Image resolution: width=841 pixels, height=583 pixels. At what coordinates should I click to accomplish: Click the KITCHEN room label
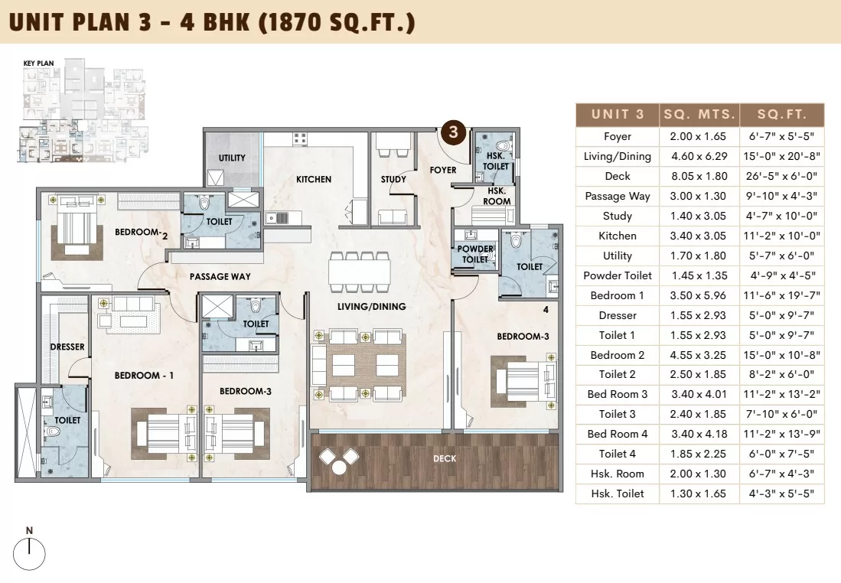pos(314,179)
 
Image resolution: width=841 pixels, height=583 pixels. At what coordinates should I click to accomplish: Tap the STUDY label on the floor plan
pos(393,179)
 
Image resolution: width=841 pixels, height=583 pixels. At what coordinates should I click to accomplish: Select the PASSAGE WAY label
pos(220,277)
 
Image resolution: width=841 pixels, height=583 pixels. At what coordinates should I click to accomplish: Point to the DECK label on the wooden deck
pos(445,458)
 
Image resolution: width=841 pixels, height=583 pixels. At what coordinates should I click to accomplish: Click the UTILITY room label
pos(232,158)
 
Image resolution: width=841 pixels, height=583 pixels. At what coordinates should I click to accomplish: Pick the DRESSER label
pos(67,347)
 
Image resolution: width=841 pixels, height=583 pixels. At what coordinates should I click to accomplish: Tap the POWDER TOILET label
pos(475,254)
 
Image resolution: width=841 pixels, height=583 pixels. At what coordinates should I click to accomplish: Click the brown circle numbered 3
pos(454,132)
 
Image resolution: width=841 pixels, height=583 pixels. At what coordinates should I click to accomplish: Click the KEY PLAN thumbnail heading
pos(38,64)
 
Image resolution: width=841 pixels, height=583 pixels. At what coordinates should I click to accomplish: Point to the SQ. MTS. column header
pos(699,114)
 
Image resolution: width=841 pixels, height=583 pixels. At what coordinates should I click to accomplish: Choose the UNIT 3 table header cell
pos(618,114)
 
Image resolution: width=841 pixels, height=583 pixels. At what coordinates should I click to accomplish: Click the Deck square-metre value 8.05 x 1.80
pos(699,176)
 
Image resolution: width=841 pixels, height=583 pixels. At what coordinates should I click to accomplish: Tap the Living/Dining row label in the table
pos(618,157)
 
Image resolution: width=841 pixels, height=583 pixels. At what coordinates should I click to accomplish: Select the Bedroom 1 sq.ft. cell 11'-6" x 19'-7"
pos(781,295)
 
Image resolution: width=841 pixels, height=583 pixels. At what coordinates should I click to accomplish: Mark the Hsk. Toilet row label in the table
pos(618,493)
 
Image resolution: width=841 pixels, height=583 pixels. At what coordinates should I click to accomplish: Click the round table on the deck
pos(338,467)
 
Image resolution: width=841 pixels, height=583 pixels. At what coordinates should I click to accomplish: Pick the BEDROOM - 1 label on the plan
pos(144,376)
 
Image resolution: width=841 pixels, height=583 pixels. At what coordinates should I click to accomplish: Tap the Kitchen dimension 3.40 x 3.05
pos(699,236)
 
